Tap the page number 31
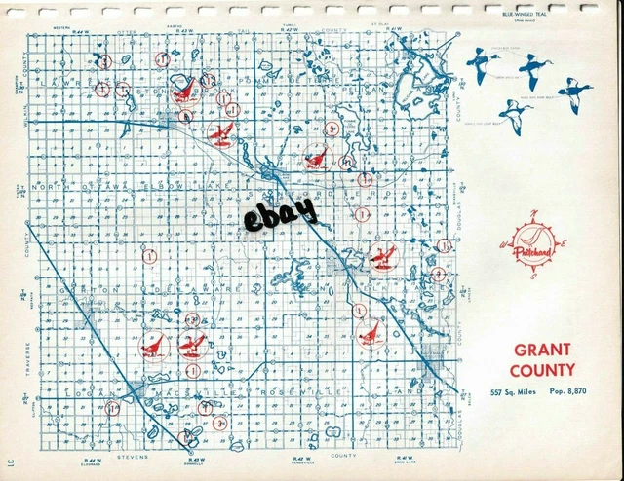coord(9,461)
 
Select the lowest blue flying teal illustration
coord(516,114)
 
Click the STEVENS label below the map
coord(131,455)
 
